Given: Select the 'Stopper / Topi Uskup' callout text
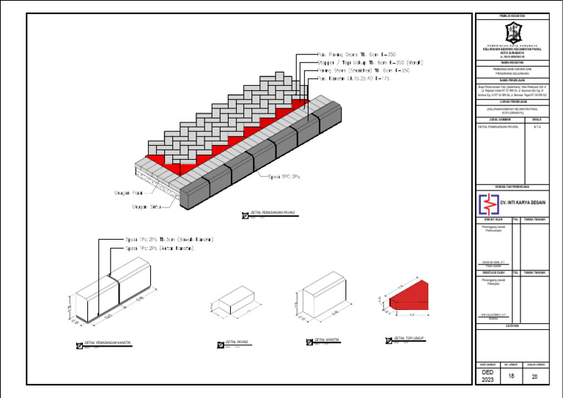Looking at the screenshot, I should (x=362, y=63).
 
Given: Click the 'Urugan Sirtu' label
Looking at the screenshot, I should (x=147, y=206).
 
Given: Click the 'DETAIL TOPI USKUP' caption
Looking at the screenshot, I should (x=409, y=339).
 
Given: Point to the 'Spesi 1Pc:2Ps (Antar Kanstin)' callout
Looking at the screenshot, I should (x=160, y=248).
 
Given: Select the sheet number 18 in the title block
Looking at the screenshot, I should (x=512, y=375).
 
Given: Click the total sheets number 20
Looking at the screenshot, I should (x=534, y=376).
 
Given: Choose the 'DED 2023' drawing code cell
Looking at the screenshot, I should (x=487, y=376).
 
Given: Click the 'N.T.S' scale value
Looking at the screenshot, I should (x=537, y=127).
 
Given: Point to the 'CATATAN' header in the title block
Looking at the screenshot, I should (x=512, y=325).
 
